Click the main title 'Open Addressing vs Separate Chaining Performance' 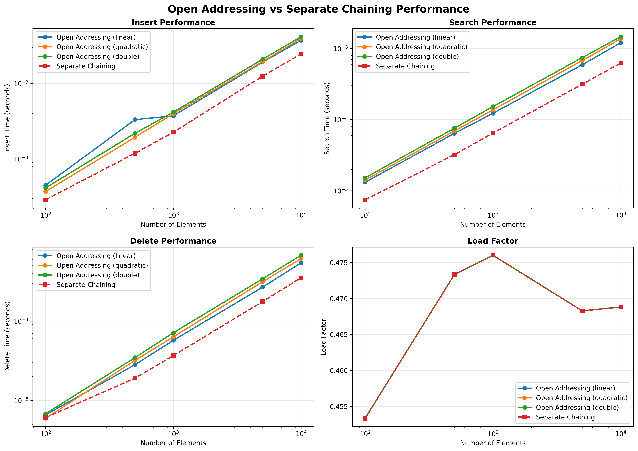[x=318, y=9]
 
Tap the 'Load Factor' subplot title [x=493, y=241]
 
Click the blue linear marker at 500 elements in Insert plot [x=135, y=120]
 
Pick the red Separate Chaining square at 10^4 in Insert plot [x=301, y=54]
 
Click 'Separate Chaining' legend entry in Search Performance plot [x=405, y=66]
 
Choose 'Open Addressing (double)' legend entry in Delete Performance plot [x=98, y=275]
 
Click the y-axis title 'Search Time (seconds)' [x=327, y=119]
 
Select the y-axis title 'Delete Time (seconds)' [x=8, y=337]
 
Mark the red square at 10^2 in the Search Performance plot [x=365, y=200]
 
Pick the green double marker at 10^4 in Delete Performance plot [x=301, y=255]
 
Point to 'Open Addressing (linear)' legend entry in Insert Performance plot [x=96, y=37]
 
